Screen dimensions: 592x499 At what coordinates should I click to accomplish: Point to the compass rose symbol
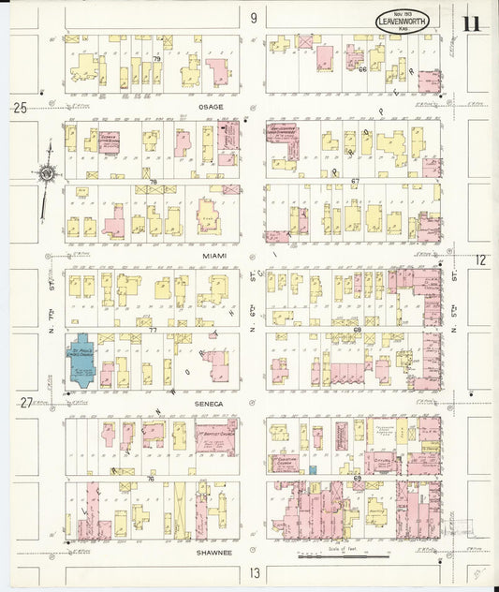46,172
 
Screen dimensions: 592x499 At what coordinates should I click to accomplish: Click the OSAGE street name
211,107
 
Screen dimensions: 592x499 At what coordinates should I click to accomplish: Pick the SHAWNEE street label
214,553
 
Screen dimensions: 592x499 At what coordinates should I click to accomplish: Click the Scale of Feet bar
343,555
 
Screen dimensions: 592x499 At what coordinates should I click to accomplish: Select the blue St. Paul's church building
79,361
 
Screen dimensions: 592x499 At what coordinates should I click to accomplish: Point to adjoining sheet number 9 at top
253,17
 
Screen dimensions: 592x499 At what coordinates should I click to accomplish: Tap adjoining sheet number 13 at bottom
253,571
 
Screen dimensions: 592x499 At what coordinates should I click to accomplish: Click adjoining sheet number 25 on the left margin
19,108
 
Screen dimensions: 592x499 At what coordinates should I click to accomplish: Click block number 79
157,59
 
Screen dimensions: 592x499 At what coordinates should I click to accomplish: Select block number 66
361,68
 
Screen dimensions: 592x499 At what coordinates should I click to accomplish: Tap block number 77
152,330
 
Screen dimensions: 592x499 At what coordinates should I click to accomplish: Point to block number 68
357,330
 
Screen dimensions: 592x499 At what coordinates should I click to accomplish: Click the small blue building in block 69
314,469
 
